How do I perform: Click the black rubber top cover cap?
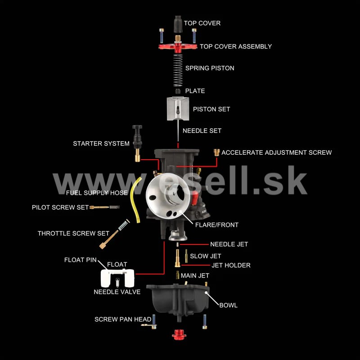pos(178,24)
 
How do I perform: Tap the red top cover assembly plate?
pos(178,47)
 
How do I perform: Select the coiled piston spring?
pos(178,70)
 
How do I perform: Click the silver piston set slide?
pos(178,108)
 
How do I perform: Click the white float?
pos(117,278)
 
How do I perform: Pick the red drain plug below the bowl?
pos(179,334)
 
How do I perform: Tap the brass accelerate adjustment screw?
pos(216,153)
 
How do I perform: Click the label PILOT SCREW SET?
pos(60,207)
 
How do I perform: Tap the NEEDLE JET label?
pos(229,244)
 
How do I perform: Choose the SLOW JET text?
pos(206,256)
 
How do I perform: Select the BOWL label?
pos(228,305)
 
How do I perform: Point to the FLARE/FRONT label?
pos(217,225)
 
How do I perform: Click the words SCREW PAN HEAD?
pos(123,319)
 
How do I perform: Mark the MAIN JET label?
pos(195,275)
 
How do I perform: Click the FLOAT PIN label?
pos(81,260)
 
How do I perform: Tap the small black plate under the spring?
pos(178,91)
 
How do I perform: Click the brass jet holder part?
pos(177,258)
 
